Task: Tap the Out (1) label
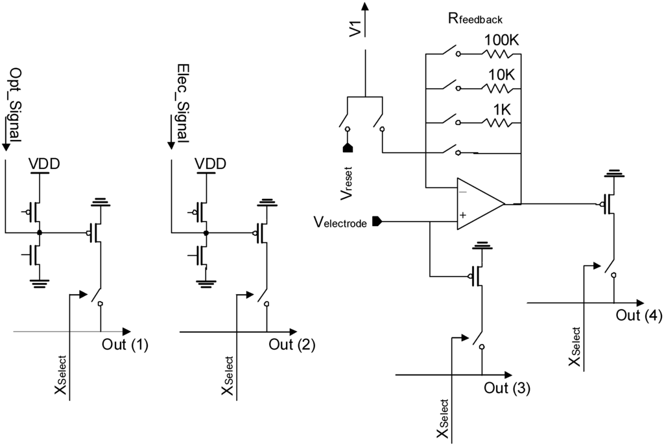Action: click(125, 345)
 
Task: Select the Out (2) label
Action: click(292, 345)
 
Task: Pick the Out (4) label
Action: click(639, 315)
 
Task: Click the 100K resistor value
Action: click(502, 41)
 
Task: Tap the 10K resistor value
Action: click(502, 75)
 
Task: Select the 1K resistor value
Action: click(501, 109)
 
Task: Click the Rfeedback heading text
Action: click(475, 18)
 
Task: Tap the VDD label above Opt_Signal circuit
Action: click(45, 164)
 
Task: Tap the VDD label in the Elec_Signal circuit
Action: click(211, 164)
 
